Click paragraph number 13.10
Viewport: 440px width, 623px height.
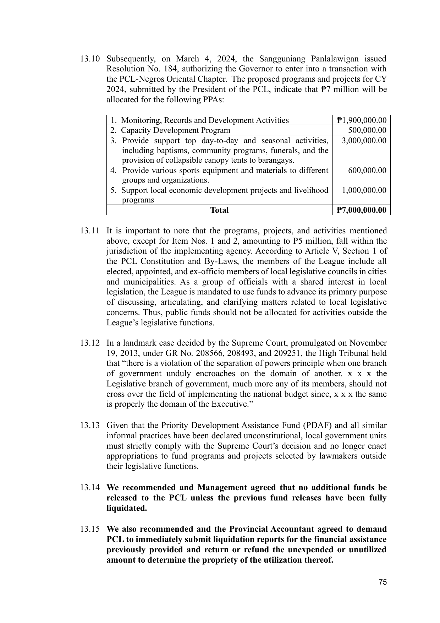(90, 59)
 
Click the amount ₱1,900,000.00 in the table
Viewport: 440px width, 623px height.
(362, 120)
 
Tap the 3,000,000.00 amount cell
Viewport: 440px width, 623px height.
(364, 140)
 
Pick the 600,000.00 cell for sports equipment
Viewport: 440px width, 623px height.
(367, 170)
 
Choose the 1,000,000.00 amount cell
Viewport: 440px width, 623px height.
(364, 190)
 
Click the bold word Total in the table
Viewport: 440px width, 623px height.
(219, 210)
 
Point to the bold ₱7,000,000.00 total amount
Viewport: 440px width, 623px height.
(361, 210)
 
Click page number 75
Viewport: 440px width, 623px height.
(382, 582)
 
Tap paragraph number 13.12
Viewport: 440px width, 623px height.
(90, 343)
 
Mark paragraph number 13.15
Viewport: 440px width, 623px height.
(90, 529)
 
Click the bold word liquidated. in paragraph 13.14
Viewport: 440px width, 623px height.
(127, 508)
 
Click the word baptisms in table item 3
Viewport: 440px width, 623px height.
(161, 151)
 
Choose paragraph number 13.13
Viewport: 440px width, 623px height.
(90, 426)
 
